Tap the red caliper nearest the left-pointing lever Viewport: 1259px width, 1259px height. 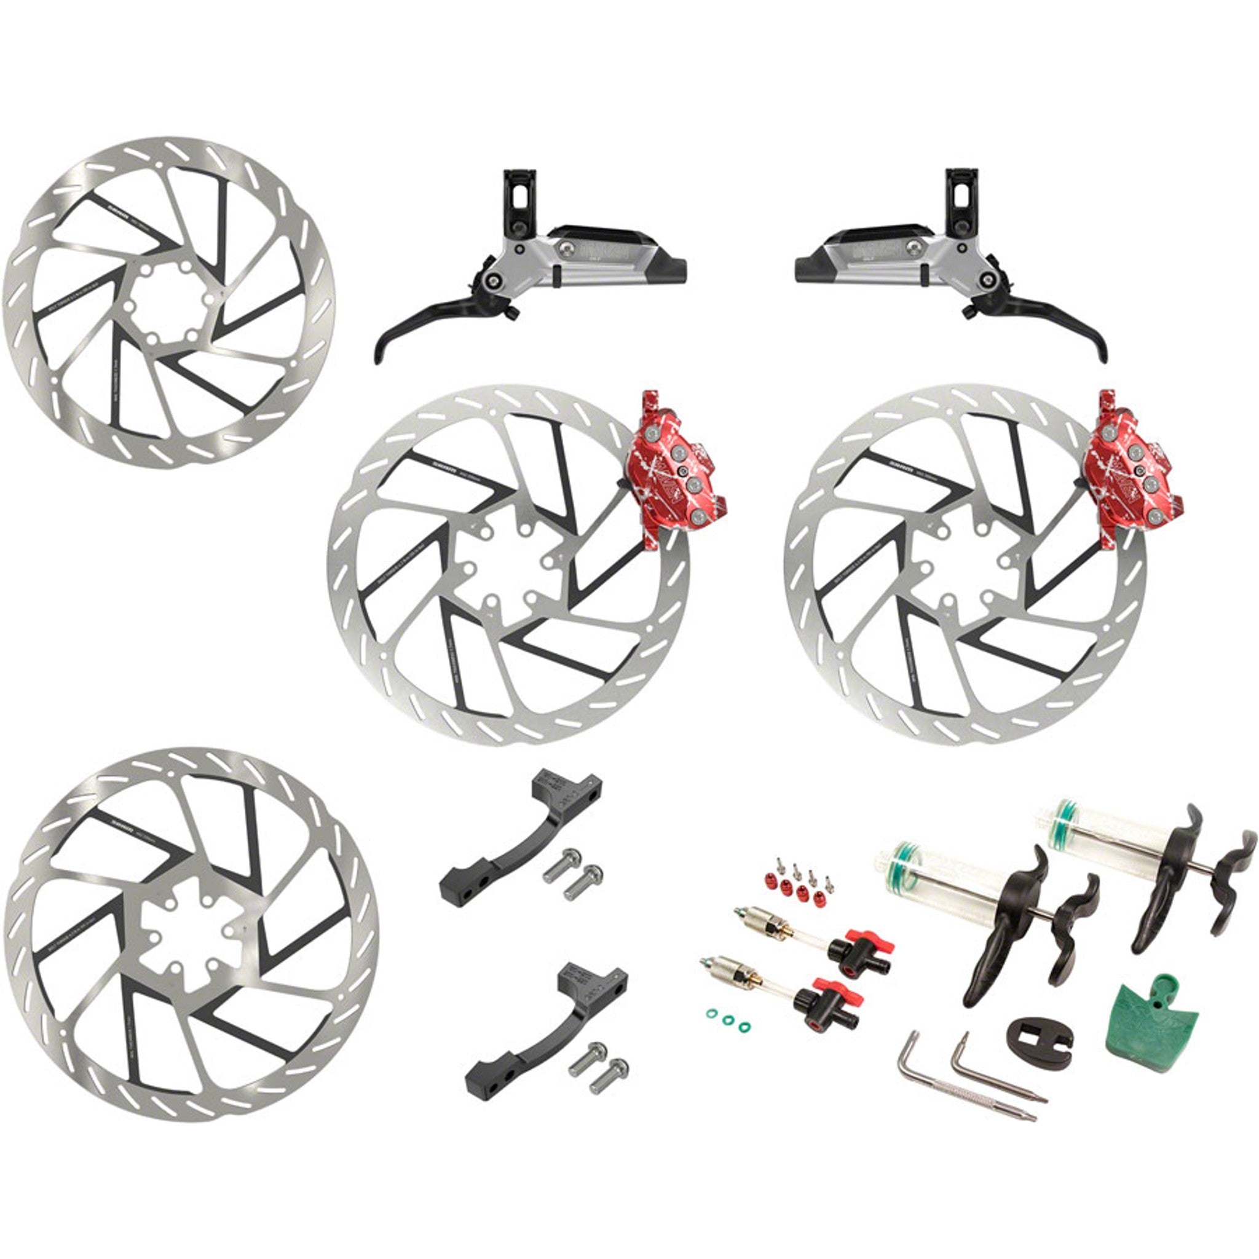tap(675, 467)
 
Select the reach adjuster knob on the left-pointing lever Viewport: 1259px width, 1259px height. tap(513, 315)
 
